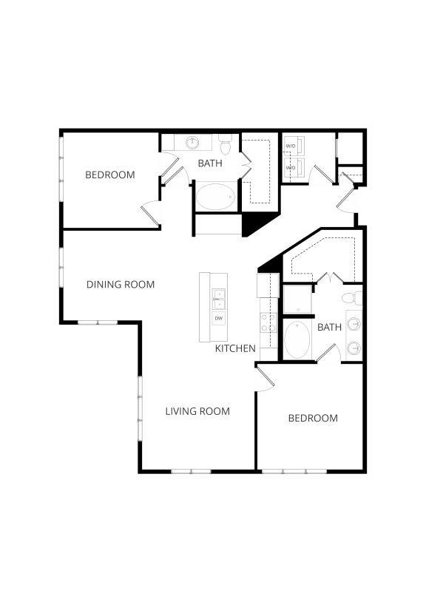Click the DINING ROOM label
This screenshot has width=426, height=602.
pyautogui.click(x=121, y=284)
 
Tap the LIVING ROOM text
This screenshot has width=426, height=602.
pyautogui.click(x=197, y=411)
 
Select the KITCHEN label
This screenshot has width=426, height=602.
pyautogui.click(x=235, y=348)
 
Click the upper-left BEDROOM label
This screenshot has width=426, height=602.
pyautogui.click(x=109, y=175)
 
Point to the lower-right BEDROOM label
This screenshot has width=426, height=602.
pyautogui.click(x=312, y=418)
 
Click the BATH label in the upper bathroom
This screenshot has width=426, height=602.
pyautogui.click(x=210, y=163)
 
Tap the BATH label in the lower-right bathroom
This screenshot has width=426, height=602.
pyautogui.click(x=329, y=327)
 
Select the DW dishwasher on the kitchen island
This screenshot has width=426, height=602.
pyautogui.click(x=218, y=319)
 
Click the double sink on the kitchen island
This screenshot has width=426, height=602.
pyautogui.click(x=218, y=299)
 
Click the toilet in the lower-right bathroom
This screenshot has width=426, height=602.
pyautogui.click(x=356, y=298)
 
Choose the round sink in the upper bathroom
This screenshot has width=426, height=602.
pyautogui.click(x=194, y=141)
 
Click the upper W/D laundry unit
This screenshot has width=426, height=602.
pyautogui.click(x=291, y=145)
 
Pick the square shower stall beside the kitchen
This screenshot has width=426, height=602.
pyautogui.click(x=297, y=299)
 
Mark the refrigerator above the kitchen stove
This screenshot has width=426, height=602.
pyautogui.click(x=267, y=285)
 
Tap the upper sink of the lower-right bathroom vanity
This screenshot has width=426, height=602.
pyautogui.click(x=355, y=324)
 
